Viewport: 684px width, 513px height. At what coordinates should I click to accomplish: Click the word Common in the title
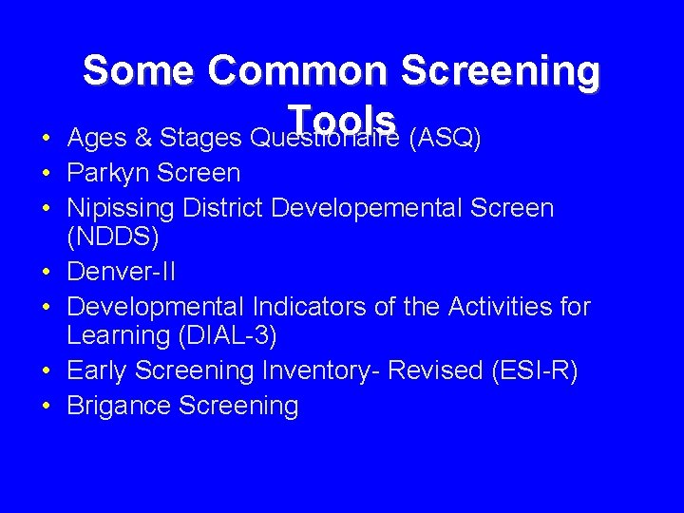[297, 72]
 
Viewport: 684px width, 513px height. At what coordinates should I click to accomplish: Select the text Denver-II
[121, 274]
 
